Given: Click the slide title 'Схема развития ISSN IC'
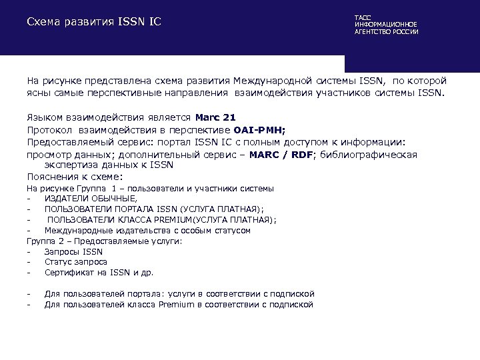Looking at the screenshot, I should click(x=94, y=22).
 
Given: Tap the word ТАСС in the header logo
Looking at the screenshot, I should click(x=363, y=17).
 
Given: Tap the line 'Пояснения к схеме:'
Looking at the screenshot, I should click(x=75, y=177).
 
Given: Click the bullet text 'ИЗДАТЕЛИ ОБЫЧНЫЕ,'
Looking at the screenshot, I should click(x=91, y=198).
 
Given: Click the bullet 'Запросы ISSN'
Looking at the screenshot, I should click(x=73, y=251).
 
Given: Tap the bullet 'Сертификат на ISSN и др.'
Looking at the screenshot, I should click(x=99, y=272).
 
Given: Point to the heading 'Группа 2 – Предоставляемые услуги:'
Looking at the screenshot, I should click(x=104, y=241).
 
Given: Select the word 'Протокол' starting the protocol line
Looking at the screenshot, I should click(x=49, y=130).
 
